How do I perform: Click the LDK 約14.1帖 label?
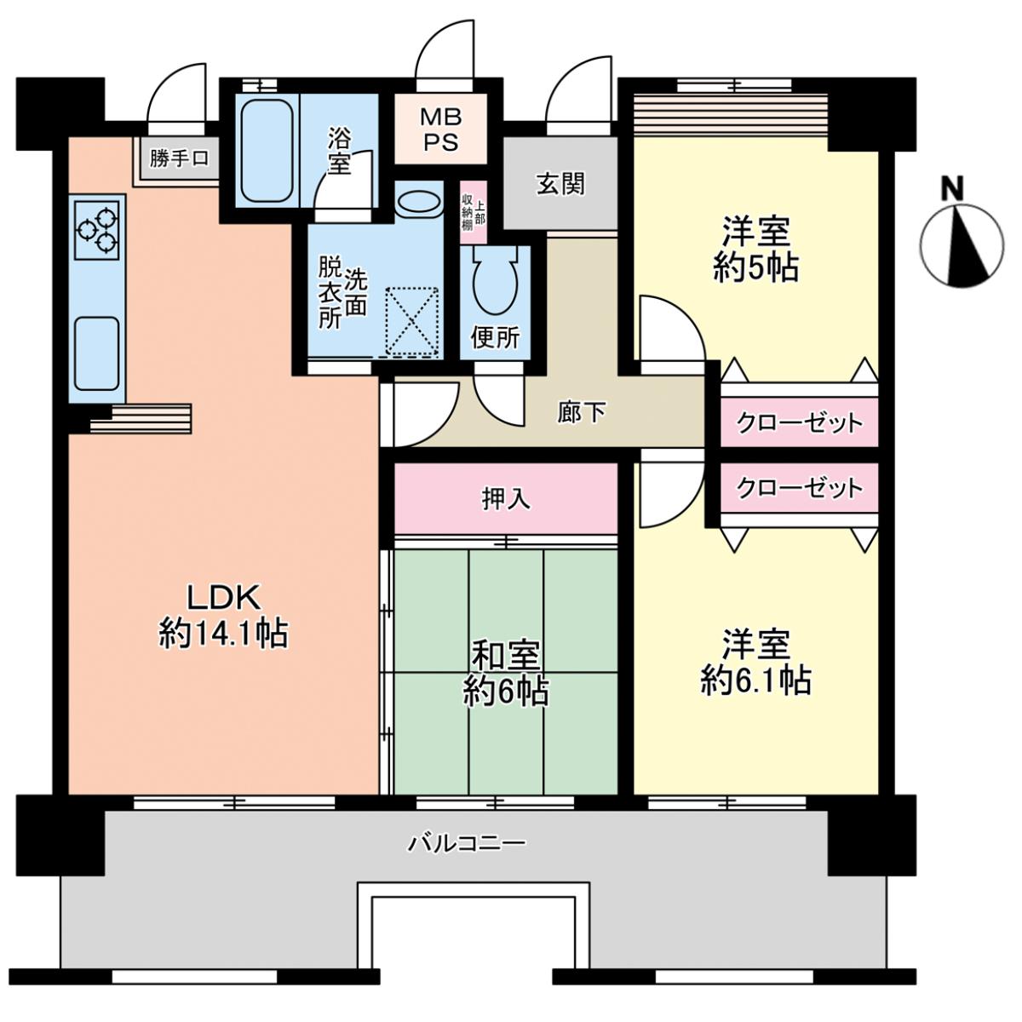[x=223, y=615]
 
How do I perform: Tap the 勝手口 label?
[x=180, y=158]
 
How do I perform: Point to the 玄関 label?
[x=560, y=184]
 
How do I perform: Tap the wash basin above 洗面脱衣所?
[x=419, y=202]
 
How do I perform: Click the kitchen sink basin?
[x=96, y=353]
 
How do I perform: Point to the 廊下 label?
[x=582, y=412]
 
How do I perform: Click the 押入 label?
[x=505, y=498]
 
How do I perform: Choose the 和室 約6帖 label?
[x=505, y=674]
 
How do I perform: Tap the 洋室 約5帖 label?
[x=755, y=249]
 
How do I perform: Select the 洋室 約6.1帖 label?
[x=755, y=662]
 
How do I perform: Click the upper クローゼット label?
[x=799, y=423]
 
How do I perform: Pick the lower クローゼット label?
[x=799, y=488]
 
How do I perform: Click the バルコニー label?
[x=466, y=841]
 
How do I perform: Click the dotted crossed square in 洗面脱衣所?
[x=412, y=321]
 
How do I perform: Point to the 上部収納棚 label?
[x=473, y=213]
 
